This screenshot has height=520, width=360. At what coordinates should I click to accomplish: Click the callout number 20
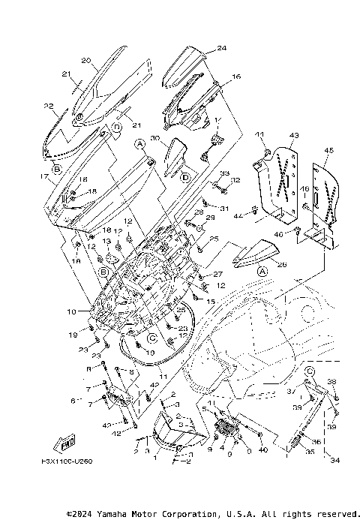85,60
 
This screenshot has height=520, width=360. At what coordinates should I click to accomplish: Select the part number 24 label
200,48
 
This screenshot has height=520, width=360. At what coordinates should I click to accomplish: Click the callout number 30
154,139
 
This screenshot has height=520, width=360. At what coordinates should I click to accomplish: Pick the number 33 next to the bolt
203,173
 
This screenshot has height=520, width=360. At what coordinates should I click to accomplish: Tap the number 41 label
260,134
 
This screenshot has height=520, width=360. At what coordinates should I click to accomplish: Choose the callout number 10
72,311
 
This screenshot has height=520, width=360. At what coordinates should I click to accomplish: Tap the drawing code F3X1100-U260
66,461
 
